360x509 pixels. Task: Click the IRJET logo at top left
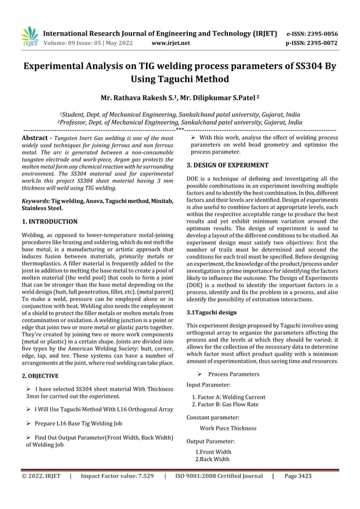pyautogui.click(x=29, y=37)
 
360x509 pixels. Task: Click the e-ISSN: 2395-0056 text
pyautogui.click(x=320, y=33)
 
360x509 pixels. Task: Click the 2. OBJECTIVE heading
pyautogui.click(x=39, y=375)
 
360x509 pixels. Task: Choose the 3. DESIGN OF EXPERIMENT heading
pyautogui.click(x=227, y=165)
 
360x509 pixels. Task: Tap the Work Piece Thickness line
pyautogui.click(x=228, y=428)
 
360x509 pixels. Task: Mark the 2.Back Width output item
pyautogui.click(x=213, y=459)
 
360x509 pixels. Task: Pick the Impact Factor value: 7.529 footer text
pyautogui.click(x=117, y=476)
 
